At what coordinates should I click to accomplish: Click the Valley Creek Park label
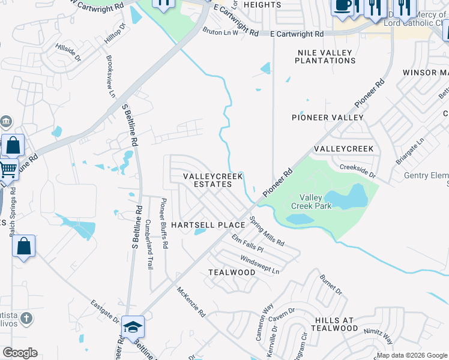coord(307,202)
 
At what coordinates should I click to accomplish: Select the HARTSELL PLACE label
coord(208,225)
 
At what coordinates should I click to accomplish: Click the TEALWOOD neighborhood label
coord(232,272)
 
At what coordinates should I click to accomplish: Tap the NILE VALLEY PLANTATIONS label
coord(327,56)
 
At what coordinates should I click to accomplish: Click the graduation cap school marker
coord(133,327)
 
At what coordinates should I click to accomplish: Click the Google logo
coord(20,353)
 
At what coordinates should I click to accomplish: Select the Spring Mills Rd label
coord(267,232)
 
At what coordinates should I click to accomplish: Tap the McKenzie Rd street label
coord(191,301)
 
